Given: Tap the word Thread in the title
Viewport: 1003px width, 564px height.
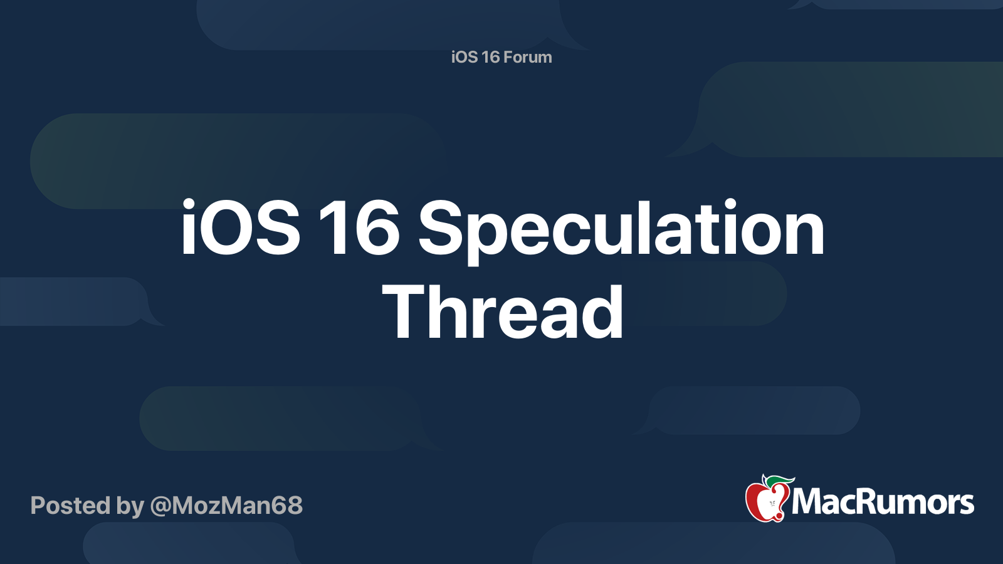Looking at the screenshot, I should [x=503, y=312].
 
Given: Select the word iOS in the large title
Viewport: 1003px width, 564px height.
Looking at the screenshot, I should [x=241, y=228].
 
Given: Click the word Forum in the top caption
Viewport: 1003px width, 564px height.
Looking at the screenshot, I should [x=527, y=57].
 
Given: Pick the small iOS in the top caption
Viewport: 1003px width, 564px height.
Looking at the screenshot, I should [x=465, y=57].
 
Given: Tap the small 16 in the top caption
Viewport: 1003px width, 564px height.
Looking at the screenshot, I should [x=490, y=57].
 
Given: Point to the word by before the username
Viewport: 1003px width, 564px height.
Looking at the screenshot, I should [x=130, y=506].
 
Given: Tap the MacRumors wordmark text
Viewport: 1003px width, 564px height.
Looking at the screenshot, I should [x=883, y=502].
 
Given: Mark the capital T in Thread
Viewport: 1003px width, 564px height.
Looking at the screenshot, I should [x=407, y=312].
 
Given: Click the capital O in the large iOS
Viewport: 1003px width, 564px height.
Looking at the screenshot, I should [x=234, y=228].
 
